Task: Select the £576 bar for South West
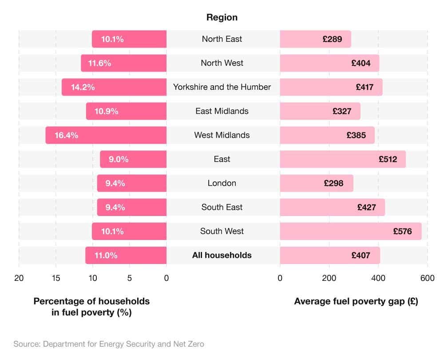[350, 231]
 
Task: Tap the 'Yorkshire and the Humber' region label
[222, 87]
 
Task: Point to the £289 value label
[332, 39]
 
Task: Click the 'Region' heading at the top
[222, 17]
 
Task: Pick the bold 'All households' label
[222, 255]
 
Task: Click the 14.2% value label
[83, 87]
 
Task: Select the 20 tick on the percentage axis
[19, 278]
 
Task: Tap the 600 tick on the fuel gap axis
[427, 278]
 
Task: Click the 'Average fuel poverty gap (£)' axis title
[356, 301]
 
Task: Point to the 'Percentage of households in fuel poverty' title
[91, 307]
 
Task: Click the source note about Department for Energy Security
[109, 344]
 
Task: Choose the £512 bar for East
[342, 159]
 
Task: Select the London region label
[222, 183]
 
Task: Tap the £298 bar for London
[316, 183]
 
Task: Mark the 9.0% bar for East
[133, 159]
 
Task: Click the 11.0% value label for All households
[106, 255]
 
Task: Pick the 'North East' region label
[222, 39]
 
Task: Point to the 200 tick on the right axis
[329, 278]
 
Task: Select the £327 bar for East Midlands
[320, 111]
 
